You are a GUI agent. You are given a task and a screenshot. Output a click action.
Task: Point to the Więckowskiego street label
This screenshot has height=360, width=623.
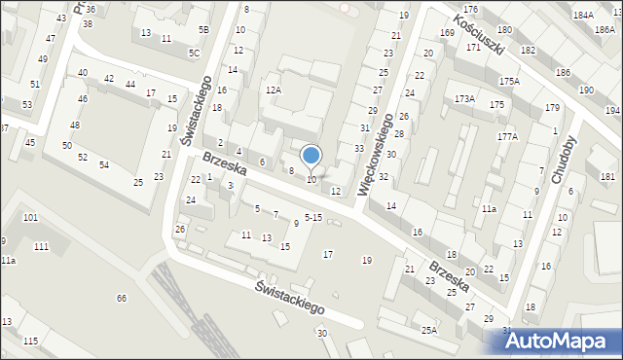[377, 155]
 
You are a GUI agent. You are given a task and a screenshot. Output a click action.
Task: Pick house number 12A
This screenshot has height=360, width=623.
[274, 90]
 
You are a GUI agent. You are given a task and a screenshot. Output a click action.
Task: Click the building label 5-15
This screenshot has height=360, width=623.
[313, 216]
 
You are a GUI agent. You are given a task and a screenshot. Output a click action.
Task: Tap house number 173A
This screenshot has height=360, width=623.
[464, 99]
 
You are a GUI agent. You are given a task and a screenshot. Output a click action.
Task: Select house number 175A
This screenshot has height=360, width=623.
[509, 81]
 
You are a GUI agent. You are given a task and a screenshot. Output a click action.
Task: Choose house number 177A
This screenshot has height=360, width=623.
[507, 137]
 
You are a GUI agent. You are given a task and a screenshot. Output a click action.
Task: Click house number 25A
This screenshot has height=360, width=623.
[429, 330]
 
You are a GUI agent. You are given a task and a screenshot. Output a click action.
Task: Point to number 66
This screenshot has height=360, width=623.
[122, 298]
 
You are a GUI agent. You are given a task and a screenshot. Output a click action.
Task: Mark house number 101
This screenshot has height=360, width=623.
[30, 217]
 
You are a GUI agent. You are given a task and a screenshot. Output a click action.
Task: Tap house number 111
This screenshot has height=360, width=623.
[41, 247]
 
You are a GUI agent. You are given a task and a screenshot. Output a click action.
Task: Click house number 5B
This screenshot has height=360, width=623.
[203, 30]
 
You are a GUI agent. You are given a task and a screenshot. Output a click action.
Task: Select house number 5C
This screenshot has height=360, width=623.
[194, 53]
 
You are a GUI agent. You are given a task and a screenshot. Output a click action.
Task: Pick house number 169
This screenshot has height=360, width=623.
[447, 34]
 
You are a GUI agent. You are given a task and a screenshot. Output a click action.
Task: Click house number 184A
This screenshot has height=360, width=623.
[583, 16]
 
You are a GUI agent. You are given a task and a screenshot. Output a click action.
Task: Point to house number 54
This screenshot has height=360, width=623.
[103, 165]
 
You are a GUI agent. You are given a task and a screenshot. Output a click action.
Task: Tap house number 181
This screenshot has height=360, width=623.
[607, 176]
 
